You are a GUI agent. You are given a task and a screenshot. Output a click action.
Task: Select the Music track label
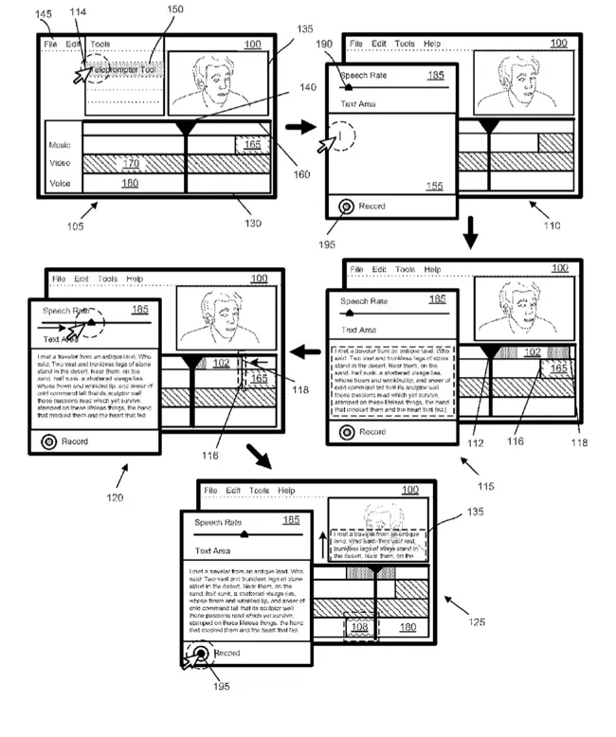pos(62,145)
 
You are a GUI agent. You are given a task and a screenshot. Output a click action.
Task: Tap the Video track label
pos(62,163)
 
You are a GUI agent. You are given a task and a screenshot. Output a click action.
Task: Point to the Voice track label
pos(62,182)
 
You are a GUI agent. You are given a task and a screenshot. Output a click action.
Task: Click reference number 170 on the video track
pos(132,163)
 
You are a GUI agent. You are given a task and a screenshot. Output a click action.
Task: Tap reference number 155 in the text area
pos(435,187)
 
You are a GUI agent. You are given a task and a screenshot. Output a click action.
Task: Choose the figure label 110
pos(550,225)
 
